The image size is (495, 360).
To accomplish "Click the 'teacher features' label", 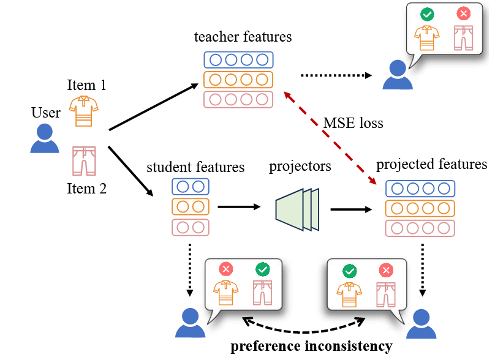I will click(243, 37).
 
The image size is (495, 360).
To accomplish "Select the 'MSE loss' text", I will click(353, 123).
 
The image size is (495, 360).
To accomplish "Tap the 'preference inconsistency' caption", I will click(311, 346).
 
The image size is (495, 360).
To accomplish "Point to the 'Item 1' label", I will click(86, 85).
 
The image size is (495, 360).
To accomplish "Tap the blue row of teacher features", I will click(238, 60).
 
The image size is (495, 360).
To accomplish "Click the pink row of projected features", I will click(420, 228).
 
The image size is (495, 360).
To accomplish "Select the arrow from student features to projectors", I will click(238, 207).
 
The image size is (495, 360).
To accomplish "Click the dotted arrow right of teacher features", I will click(336, 76).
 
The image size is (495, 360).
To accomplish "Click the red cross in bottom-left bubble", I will click(226, 269).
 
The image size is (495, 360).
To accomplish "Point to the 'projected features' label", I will click(431, 164).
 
